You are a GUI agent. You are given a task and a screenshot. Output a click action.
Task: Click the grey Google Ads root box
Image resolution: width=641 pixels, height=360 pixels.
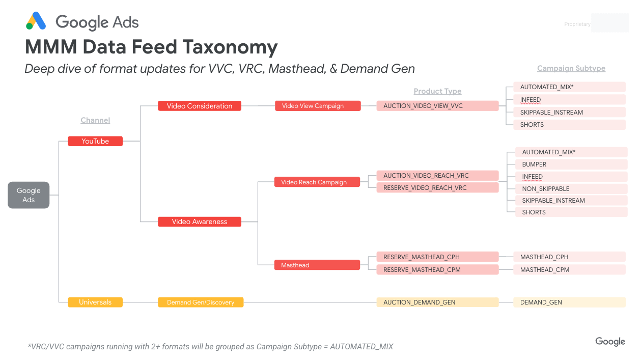point(29,195)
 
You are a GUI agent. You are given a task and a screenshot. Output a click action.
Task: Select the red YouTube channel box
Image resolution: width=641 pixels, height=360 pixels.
point(95,141)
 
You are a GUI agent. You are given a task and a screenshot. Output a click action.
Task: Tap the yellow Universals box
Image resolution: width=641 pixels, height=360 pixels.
point(95,302)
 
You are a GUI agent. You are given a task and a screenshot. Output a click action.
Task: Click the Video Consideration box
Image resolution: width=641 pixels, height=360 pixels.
point(200,106)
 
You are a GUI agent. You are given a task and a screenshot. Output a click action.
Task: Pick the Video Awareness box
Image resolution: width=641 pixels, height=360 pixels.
point(200,221)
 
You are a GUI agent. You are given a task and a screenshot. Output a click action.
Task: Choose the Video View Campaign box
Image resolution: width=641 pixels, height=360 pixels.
point(318,106)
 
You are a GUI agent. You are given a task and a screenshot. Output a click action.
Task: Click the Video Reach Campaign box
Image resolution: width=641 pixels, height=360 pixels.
point(317,182)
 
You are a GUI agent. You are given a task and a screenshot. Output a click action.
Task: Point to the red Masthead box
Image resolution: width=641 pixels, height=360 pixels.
point(317,265)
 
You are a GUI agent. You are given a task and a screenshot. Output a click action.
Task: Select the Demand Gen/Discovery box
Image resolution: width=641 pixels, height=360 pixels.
point(201,302)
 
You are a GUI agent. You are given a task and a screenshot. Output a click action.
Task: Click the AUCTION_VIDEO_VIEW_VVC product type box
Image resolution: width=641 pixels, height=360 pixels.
point(437,106)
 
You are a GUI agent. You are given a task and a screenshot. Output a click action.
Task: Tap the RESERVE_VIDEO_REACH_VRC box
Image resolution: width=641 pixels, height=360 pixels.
point(437,188)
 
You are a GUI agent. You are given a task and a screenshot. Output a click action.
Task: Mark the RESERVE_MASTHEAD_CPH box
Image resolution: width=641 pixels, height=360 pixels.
point(437,257)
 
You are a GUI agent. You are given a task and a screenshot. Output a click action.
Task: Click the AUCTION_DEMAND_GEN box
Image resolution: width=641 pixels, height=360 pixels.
point(437,302)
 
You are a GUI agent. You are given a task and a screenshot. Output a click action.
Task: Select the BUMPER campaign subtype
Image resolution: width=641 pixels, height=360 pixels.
point(567,164)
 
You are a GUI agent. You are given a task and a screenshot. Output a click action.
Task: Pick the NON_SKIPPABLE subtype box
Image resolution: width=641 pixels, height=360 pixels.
point(567,188)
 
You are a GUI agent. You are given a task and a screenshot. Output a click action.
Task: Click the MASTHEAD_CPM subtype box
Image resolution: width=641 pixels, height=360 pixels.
point(569,270)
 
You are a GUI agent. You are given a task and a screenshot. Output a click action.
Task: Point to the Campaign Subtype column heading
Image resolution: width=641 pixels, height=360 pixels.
point(571,68)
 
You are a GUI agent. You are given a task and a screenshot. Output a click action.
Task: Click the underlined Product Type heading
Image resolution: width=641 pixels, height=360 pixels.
point(437,91)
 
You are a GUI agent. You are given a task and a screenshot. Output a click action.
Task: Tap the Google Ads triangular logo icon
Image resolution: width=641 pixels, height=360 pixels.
point(36,21)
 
